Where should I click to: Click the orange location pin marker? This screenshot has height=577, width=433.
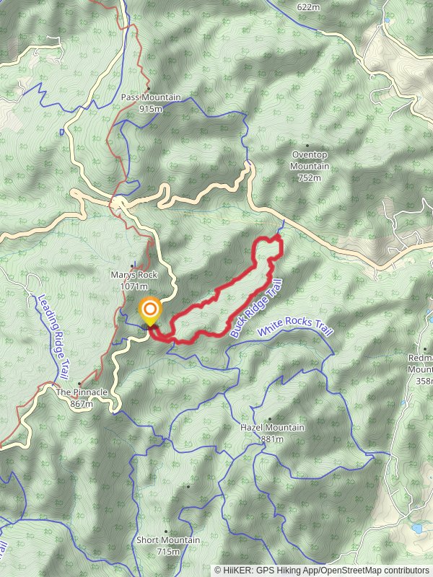(x=150, y=312)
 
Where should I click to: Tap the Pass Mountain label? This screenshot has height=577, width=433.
(x=151, y=98)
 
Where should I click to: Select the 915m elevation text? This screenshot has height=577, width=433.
(x=151, y=109)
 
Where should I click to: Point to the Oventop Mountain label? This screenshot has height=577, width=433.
(x=310, y=160)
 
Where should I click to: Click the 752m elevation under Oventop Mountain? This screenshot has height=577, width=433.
(x=309, y=177)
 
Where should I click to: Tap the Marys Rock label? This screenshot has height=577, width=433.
(x=130, y=275)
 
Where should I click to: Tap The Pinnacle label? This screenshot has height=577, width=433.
(x=82, y=392)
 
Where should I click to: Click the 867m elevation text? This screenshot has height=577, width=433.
(x=82, y=404)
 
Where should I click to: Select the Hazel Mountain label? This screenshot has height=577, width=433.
(x=272, y=428)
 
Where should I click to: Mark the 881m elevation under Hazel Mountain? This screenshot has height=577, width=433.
(x=272, y=439)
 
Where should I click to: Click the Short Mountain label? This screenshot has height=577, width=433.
(x=168, y=540)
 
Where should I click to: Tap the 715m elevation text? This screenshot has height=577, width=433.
(x=168, y=552)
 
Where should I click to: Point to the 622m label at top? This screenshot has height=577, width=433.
(x=308, y=6)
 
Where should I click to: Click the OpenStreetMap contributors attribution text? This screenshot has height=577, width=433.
(x=373, y=570)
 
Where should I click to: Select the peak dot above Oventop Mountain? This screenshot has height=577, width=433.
(x=307, y=146)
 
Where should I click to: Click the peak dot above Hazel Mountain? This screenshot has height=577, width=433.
(x=270, y=418)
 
